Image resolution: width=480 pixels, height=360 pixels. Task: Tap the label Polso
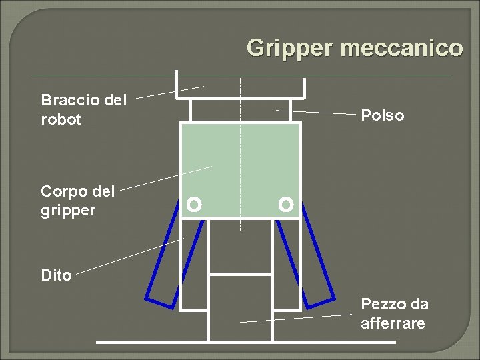click(382, 115)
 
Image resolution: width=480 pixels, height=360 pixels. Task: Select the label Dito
click(56, 275)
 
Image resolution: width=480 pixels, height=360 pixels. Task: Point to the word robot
click(61, 120)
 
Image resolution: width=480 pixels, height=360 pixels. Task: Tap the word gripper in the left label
click(67, 211)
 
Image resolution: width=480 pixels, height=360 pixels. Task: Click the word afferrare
click(392, 324)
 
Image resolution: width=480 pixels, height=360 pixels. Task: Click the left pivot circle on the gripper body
click(194, 204)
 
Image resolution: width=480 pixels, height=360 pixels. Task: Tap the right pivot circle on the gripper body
click(286, 204)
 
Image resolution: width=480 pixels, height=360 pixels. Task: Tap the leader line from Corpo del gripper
click(167, 177)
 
